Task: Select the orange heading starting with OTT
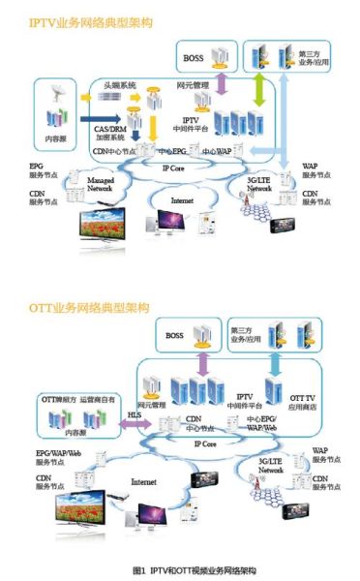[81, 307]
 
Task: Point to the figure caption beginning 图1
[179, 572]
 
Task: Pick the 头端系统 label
[119, 84]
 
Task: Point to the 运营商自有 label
[100, 397]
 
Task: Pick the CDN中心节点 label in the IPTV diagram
[121, 151]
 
